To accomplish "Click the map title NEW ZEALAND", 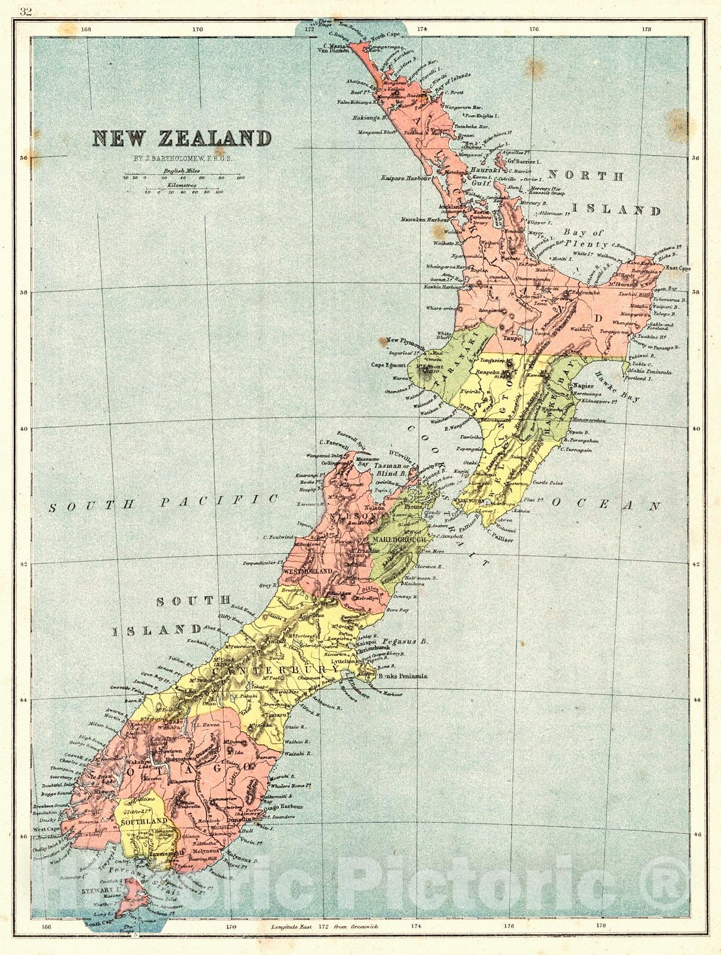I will tap(181, 138).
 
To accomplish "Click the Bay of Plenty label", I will tap(586, 238).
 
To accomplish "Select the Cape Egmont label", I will tap(389, 365).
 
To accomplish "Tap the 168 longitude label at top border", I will tap(87, 29).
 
